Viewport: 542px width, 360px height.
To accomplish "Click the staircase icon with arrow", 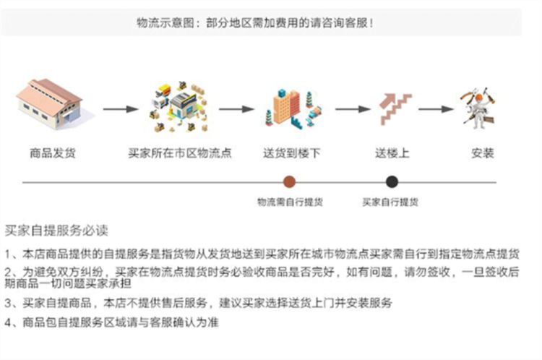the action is (x=395, y=108).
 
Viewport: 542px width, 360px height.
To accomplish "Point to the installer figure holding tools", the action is (x=478, y=108).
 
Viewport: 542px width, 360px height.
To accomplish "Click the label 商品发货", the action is (x=53, y=153).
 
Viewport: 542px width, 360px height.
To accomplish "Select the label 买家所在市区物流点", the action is (x=180, y=153).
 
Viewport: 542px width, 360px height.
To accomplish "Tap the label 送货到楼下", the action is (x=291, y=153).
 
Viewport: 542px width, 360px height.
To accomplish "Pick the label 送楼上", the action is (x=392, y=153).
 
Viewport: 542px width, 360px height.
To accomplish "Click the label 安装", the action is (x=483, y=153).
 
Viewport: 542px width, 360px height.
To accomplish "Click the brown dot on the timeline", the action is (x=289, y=181).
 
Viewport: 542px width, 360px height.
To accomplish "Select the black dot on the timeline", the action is (x=392, y=181).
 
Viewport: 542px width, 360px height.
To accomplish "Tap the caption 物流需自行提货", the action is (x=290, y=202).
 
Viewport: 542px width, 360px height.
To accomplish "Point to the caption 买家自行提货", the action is (x=390, y=202).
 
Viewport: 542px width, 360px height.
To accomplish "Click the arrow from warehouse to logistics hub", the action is (x=121, y=109).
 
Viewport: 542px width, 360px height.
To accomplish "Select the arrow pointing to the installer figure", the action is (x=436, y=109).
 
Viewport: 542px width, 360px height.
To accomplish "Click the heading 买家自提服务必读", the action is (x=56, y=231).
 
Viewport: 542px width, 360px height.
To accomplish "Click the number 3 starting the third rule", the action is (x=8, y=304).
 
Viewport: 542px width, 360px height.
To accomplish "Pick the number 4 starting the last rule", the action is (x=8, y=322).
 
